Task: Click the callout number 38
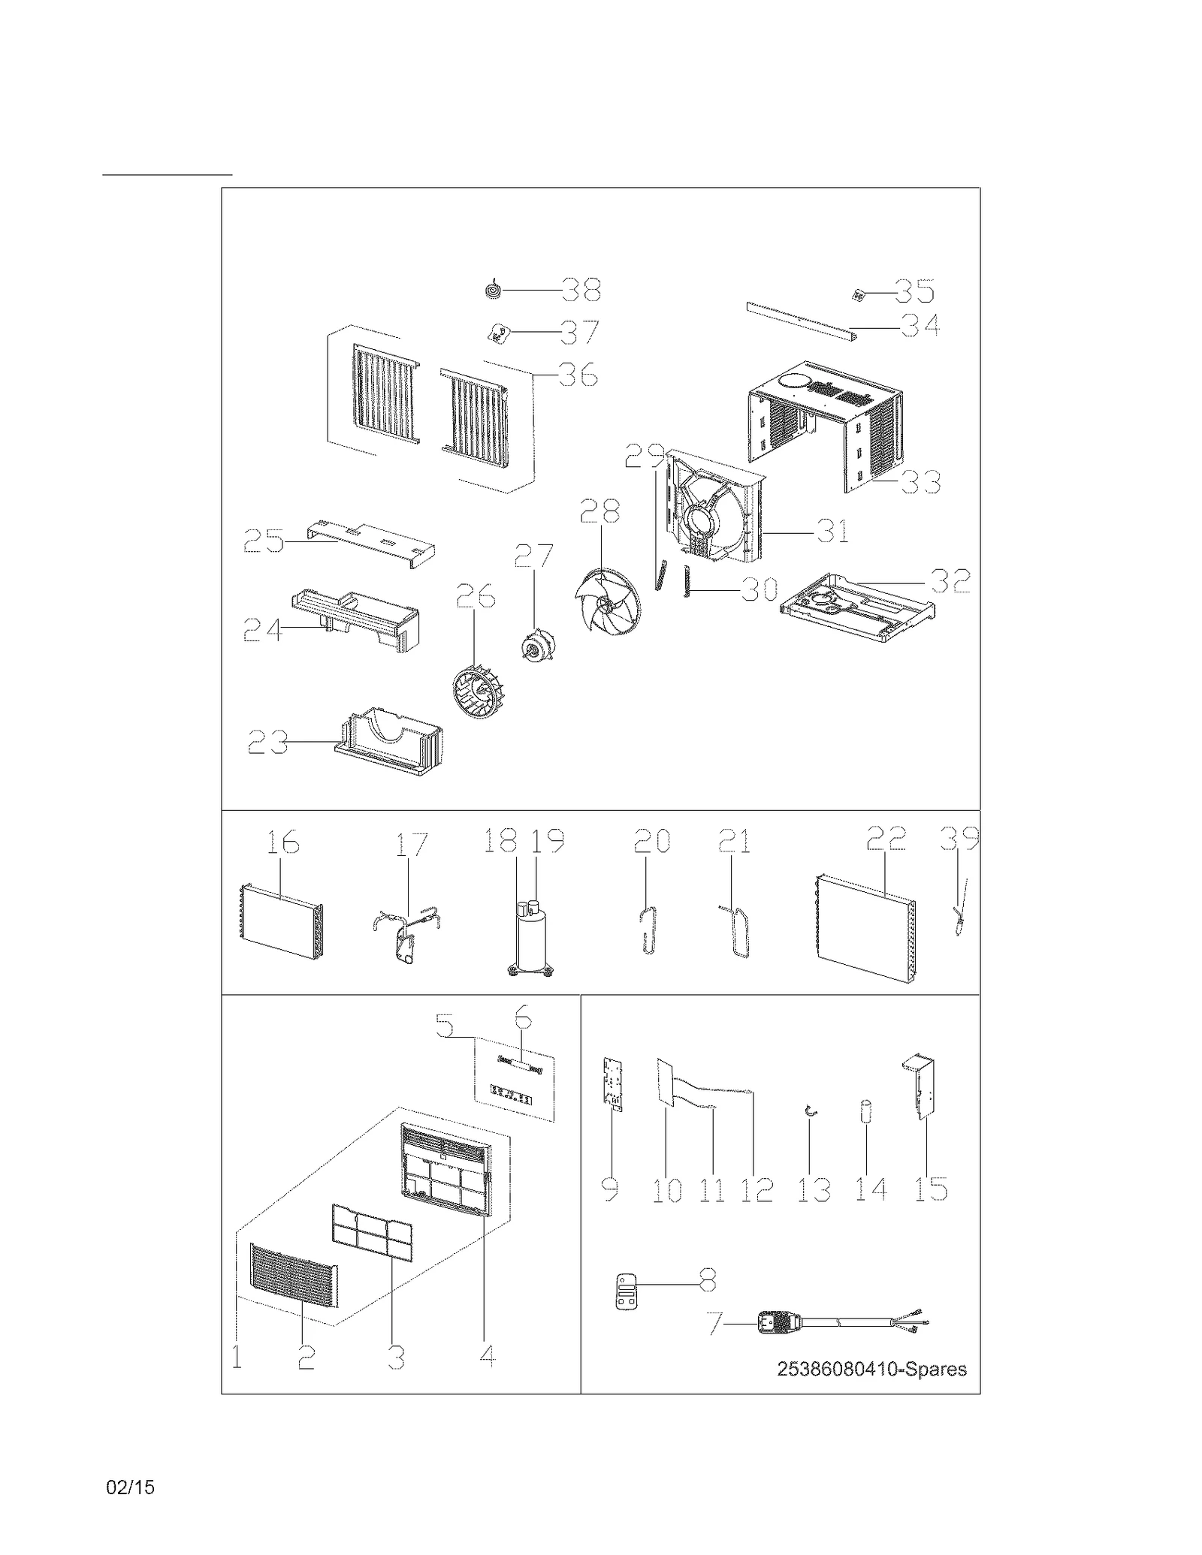click(581, 289)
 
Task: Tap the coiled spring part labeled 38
click(493, 289)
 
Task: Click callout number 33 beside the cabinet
click(920, 482)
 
